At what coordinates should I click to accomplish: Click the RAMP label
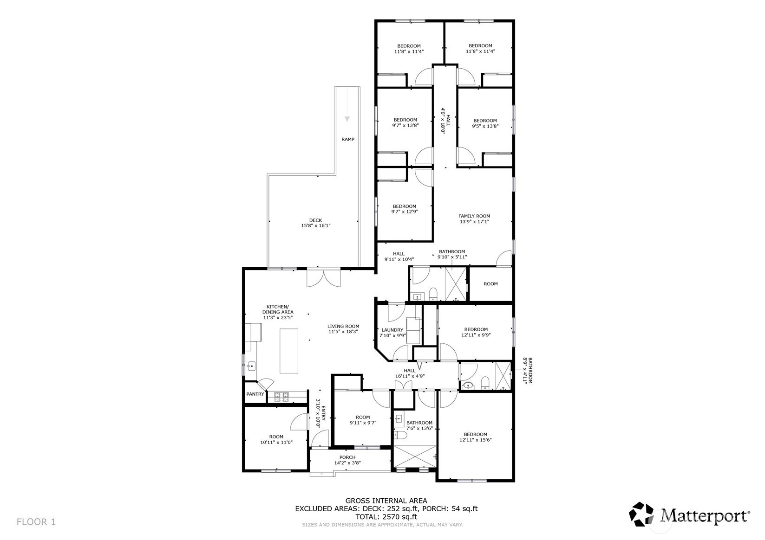[348, 139]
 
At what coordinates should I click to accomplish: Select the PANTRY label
[255, 394]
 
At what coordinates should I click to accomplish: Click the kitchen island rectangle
[288, 351]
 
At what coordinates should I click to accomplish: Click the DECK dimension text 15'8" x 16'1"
[315, 225]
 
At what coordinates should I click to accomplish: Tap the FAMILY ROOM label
[474, 216]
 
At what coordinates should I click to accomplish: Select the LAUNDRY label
[392, 330]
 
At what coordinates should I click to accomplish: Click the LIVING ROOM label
[343, 326]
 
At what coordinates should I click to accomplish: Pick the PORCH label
[347, 457]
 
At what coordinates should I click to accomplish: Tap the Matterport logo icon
[641, 514]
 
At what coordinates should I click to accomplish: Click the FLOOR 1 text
[36, 521]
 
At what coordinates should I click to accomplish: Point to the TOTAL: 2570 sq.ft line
[386, 516]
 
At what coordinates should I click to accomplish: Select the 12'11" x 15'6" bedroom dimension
[475, 440]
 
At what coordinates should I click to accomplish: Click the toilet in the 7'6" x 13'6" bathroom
[400, 435]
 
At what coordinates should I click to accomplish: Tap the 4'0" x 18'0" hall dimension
[443, 121]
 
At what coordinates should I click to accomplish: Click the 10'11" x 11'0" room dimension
[276, 442]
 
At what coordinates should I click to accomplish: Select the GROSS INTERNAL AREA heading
[386, 501]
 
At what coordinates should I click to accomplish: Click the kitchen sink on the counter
[251, 366]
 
